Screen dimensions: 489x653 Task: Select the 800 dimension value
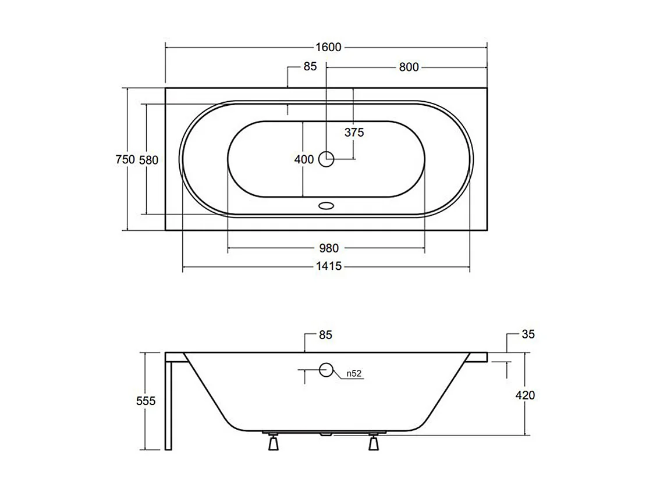[x=409, y=67]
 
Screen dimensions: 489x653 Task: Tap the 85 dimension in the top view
[x=310, y=67]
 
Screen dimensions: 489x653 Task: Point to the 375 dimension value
[x=354, y=133]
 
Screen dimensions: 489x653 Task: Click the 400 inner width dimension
[x=304, y=159]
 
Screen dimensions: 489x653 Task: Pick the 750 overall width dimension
[x=125, y=159]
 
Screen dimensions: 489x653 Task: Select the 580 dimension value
[x=148, y=159]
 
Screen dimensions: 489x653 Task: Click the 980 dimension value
[x=328, y=248]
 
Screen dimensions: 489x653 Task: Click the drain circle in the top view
[x=326, y=158]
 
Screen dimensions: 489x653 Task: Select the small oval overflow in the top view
[x=326, y=205]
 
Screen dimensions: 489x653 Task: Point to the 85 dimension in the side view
[x=325, y=335]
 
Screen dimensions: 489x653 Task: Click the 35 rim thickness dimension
[x=528, y=334]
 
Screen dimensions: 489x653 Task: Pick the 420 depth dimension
[x=525, y=395]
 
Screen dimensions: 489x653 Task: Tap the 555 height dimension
[x=145, y=401]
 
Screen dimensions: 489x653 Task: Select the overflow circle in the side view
[x=326, y=369]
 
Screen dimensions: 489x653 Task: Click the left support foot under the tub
[x=273, y=443]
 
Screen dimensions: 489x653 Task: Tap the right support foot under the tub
[x=373, y=443]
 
